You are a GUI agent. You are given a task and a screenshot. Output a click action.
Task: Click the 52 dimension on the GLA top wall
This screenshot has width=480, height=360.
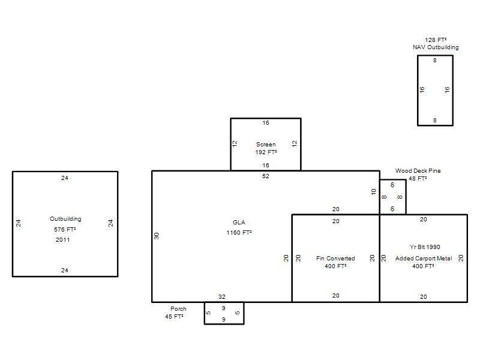click(x=265, y=176)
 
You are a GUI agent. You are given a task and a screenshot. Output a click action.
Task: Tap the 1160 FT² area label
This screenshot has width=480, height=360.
click(x=239, y=233)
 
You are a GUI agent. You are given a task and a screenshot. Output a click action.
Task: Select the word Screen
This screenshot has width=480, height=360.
click(x=266, y=145)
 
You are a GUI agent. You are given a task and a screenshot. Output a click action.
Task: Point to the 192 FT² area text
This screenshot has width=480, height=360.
click(x=266, y=152)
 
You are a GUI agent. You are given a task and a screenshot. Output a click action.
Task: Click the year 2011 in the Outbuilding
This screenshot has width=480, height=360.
click(x=63, y=240)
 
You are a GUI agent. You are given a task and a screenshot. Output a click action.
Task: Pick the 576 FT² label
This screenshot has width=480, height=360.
click(x=65, y=230)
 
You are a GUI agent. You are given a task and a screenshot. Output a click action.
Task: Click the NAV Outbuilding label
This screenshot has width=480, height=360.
click(x=436, y=47)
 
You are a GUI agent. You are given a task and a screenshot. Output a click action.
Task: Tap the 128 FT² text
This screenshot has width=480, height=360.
click(x=436, y=40)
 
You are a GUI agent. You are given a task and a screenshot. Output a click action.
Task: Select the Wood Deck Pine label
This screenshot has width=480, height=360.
click(x=418, y=171)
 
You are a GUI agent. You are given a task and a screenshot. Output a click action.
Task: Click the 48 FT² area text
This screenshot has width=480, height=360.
click(x=418, y=178)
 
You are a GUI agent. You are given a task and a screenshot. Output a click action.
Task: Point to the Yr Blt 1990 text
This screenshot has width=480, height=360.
click(x=425, y=247)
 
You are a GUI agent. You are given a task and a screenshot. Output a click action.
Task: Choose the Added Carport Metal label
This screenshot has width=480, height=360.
click(x=424, y=259)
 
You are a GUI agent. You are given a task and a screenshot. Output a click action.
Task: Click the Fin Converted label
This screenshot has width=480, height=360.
click(x=335, y=259)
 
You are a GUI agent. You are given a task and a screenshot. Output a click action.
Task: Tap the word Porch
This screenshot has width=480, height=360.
click(x=178, y=309)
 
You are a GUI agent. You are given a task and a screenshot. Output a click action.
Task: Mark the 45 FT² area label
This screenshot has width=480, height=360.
click(x=174, y=317)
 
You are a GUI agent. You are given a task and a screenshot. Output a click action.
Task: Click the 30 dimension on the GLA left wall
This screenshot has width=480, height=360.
click(x=157, y=236)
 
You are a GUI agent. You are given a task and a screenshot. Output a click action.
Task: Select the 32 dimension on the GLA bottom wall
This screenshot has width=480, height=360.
click(x=222, y=297)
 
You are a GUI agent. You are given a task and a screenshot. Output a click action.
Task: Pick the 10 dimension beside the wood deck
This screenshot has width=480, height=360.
click(x=373, y=192)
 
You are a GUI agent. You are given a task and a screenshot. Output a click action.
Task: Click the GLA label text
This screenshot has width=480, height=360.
click(x=239, y=223)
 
